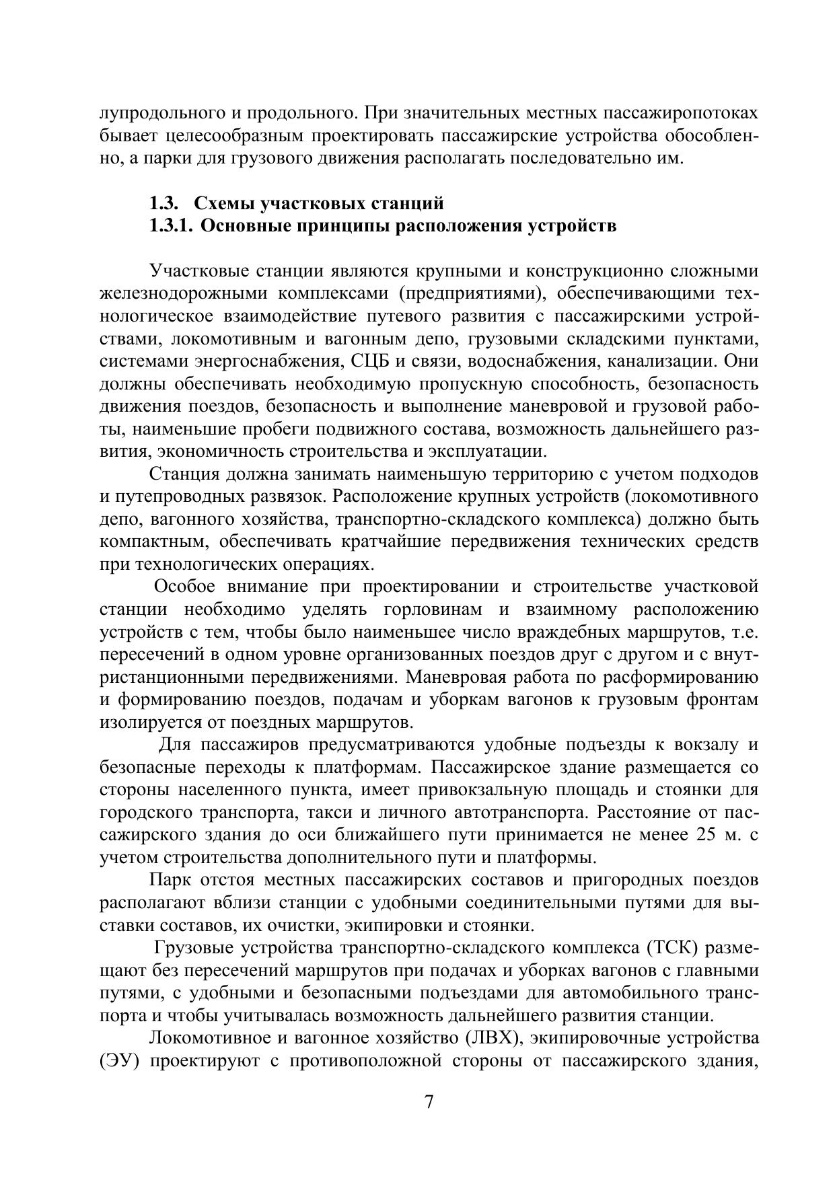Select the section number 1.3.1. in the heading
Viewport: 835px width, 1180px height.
(171, 226)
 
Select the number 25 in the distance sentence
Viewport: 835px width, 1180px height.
(700, 835)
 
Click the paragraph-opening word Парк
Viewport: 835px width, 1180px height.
(170, 881)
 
